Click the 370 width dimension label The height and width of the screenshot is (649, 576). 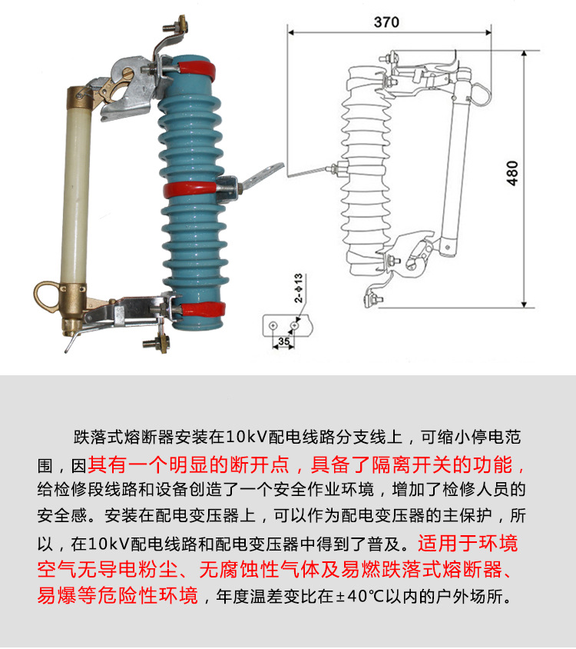386,22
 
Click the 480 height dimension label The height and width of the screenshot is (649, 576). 512,175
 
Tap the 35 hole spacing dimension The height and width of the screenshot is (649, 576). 283,341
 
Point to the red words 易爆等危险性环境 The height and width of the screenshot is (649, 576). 118,596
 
